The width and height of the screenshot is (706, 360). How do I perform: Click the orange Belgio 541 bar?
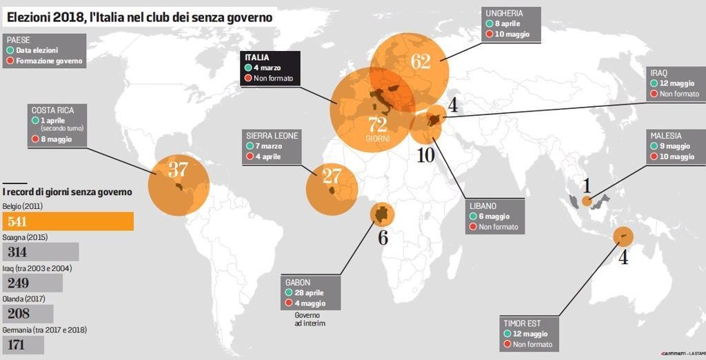[68, 221]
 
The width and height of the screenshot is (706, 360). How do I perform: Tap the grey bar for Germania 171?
[23, 345]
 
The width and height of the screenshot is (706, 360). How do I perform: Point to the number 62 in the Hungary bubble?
[420, 61]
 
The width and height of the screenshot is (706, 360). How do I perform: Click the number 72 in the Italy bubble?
[378, 125]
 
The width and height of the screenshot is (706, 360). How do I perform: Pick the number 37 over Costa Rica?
[177, 170]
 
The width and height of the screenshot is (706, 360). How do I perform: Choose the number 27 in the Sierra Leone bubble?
[332, 176]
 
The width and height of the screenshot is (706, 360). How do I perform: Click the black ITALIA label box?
[270, 68]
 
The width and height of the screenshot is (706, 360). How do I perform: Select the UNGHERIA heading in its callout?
[504, 13]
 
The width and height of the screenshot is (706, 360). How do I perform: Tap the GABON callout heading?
[298, 283]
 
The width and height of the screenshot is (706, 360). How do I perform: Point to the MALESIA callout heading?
[665, 136]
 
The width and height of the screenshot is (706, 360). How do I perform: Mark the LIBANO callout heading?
[483, 206]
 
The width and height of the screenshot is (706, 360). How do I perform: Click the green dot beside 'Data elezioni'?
[10, 50]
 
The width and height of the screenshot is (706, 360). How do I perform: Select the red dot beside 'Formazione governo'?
[10, 61]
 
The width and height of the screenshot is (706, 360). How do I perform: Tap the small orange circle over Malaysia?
[587, 201]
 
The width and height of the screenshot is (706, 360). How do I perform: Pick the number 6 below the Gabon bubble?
[383, 238]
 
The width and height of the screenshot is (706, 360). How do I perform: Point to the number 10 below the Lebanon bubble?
[425, 154]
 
